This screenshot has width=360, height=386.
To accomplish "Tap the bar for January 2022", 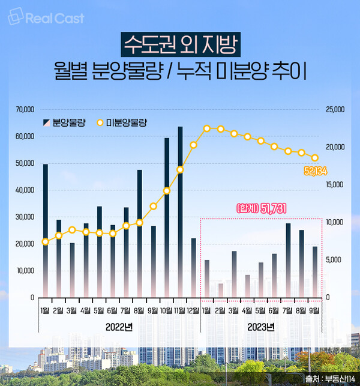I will pos(46,230).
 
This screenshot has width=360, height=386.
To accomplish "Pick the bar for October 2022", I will pos(167,217).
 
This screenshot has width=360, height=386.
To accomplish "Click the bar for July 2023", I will pos(288,260).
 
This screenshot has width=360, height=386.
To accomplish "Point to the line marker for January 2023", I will pos(207,128).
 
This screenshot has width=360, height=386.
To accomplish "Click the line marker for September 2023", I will pos(315,158).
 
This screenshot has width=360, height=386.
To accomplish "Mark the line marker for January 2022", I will pos(46,241).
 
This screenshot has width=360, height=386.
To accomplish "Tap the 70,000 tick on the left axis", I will pos(25,110).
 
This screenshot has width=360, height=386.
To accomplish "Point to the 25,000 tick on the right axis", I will pos(335,110).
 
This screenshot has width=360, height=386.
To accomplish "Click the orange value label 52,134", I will pos(314,172).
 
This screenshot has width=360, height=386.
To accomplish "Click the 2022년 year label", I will pos(119,327).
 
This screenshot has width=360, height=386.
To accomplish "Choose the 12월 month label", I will pos(194,310).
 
